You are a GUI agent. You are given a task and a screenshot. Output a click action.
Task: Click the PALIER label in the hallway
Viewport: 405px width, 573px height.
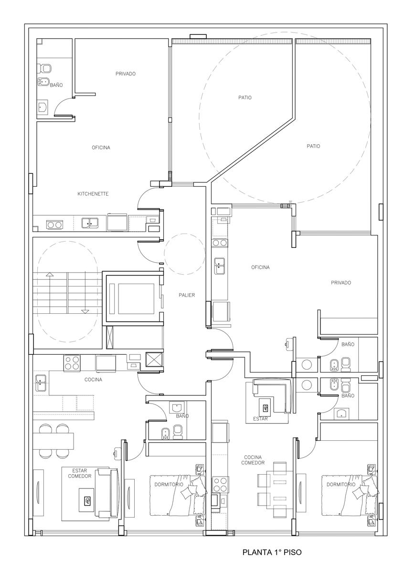187,295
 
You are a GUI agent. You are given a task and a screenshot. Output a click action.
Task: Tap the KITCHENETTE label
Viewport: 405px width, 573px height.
93,194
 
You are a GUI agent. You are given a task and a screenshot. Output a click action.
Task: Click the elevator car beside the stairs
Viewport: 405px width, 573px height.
132,299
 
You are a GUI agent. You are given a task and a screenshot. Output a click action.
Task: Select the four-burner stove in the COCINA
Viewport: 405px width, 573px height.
72,363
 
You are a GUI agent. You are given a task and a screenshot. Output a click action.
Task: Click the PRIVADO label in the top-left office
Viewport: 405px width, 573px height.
125,74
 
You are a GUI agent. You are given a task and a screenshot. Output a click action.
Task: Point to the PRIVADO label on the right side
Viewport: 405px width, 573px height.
341,283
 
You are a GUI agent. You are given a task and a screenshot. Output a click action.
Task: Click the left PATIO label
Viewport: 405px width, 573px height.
245,97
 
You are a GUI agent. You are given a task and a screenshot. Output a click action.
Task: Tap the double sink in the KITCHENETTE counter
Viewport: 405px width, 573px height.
90,223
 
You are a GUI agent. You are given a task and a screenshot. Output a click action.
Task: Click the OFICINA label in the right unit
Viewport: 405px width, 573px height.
260,267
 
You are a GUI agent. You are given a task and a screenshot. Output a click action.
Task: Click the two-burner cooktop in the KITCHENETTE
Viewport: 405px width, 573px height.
54,224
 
